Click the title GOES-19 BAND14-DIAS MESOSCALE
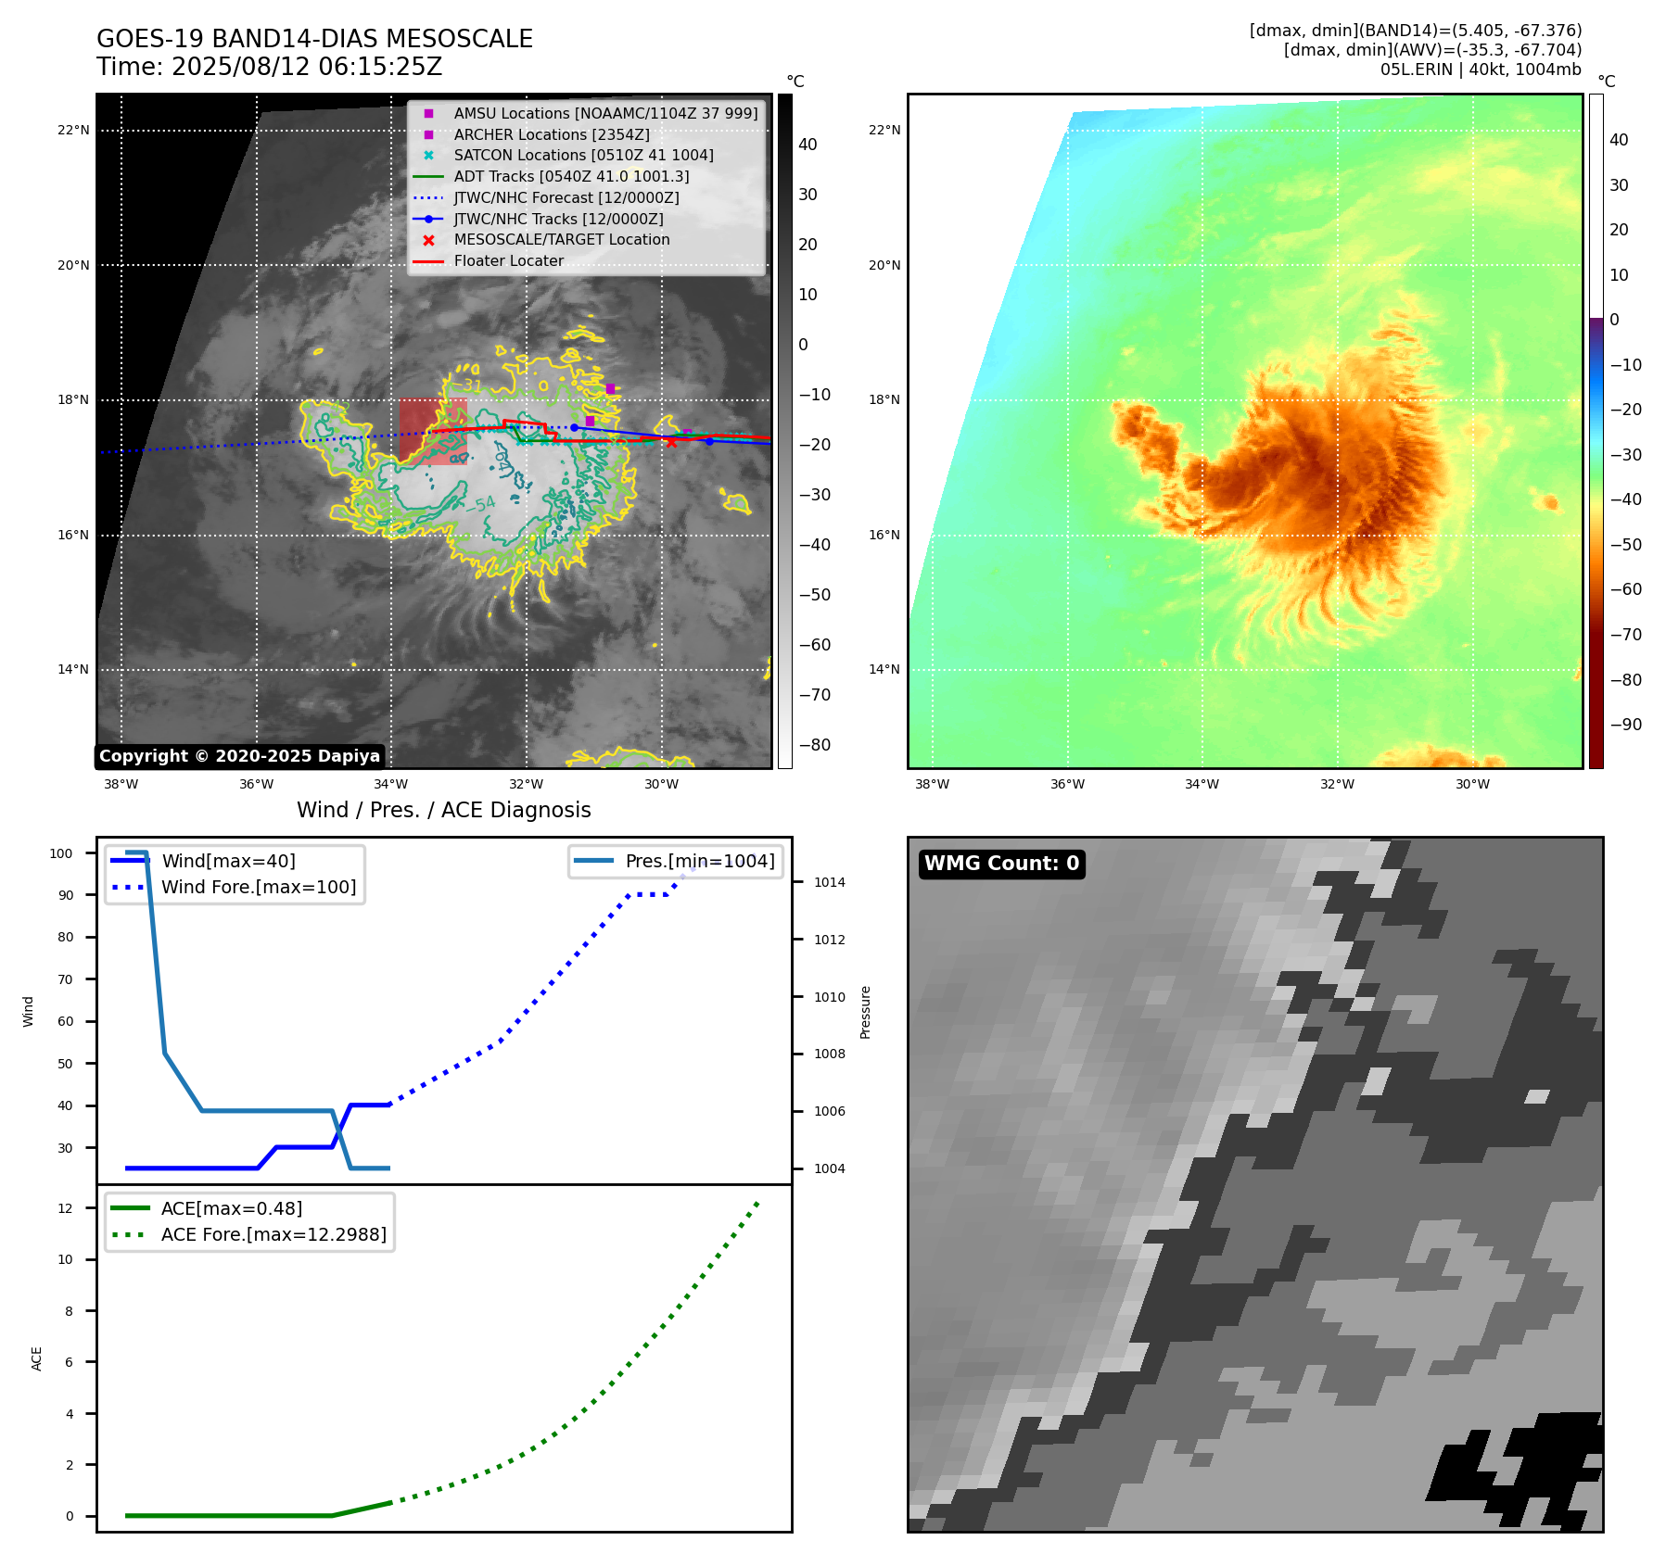tap(314, 39)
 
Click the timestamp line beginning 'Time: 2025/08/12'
tap(269, 67)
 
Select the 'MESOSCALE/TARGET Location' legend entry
tap(561, 239)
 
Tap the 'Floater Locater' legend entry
tap(508, 260)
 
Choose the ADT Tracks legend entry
tap(571, 176)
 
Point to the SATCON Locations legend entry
tap(583, 155)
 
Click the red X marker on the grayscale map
tap(671, 441)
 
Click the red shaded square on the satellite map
tap(433, 431)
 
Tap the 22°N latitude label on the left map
tap(73, 130)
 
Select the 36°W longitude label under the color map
tap(1067, 784)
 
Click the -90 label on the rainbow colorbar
tap(1625, 725)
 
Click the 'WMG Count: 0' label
tap(1001, 864)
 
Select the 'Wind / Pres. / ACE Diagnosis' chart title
tap(443, 810)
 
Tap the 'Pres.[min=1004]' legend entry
tap(699, 861)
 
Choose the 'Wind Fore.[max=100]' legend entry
tap(258, 887)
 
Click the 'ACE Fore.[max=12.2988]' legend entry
tap(273, 1234)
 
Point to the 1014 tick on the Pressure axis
tap(829, 882)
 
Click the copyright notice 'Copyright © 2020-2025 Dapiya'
tap(239, 756)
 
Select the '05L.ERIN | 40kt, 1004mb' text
tap(1480, 69)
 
